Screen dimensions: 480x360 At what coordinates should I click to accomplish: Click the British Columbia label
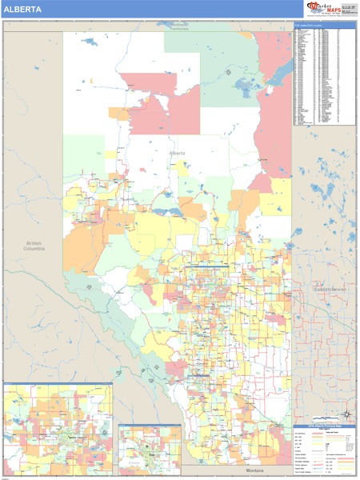pos(34,246)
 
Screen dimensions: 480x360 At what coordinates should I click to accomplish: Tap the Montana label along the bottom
pos(254,470)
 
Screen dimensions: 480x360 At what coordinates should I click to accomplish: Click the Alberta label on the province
pos(177,152)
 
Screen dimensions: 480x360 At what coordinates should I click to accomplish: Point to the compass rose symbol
pos(347,414)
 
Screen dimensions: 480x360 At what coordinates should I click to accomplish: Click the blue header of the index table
pos(324,26)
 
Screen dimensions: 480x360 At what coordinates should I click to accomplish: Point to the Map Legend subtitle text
pos(324,429)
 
